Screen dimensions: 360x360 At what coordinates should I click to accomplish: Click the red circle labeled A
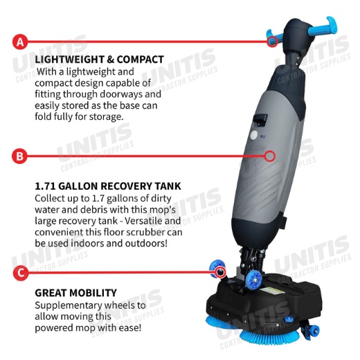click(x=20, y=42)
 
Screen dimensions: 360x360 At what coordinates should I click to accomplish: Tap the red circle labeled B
click(x=19, y=156)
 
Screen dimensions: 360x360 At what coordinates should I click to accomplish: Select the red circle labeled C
click(x=21, y=273)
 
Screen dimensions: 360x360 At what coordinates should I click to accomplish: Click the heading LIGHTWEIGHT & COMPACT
click(x=99, y=60)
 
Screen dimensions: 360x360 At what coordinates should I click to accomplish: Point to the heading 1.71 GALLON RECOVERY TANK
click(x=108, y=186)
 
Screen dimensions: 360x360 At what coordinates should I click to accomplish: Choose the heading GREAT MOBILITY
click(x=76, y=293)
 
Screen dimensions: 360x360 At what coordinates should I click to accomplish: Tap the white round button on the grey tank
click(x=254, y=135)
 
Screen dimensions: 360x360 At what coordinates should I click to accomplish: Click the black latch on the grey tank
click(x=260, y=119)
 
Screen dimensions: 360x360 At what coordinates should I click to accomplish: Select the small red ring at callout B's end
click(x=269, y=156)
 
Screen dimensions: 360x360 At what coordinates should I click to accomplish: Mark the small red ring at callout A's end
click(x=272, y=42)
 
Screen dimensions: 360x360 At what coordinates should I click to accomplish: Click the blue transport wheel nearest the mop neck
click(x=253, y=280)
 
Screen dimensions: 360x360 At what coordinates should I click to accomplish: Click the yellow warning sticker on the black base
click(x=272, y=291)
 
